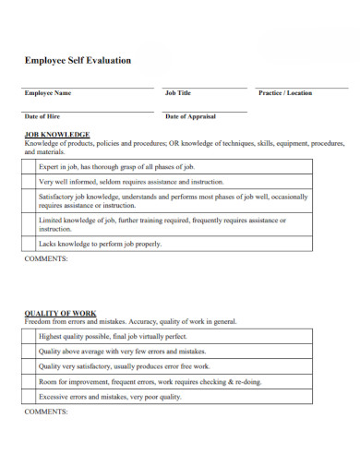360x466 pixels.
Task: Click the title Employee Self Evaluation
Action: pyautogui.click(x=78, y=61)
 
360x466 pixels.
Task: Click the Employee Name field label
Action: pyautogui.click(x=48, y=93)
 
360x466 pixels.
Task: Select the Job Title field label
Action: pyautogui.click(x=178, y=93)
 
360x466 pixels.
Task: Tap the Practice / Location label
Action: pyautogui.click(x=285, y=93)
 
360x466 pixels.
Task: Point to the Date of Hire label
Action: pyautogui.click(x=43, y=116)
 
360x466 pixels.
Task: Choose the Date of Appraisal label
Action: pyautogui.click(x=190, y=116)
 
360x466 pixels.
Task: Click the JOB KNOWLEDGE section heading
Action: pyautogui.click(x=57, y=135)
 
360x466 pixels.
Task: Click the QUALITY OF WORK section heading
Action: pyautogui.click(x=61, y=313)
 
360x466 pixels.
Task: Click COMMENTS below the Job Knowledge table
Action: pyautogui.click(x=46, y=259)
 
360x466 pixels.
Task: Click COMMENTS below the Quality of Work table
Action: pyautogui.click(x=46, y=412)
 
